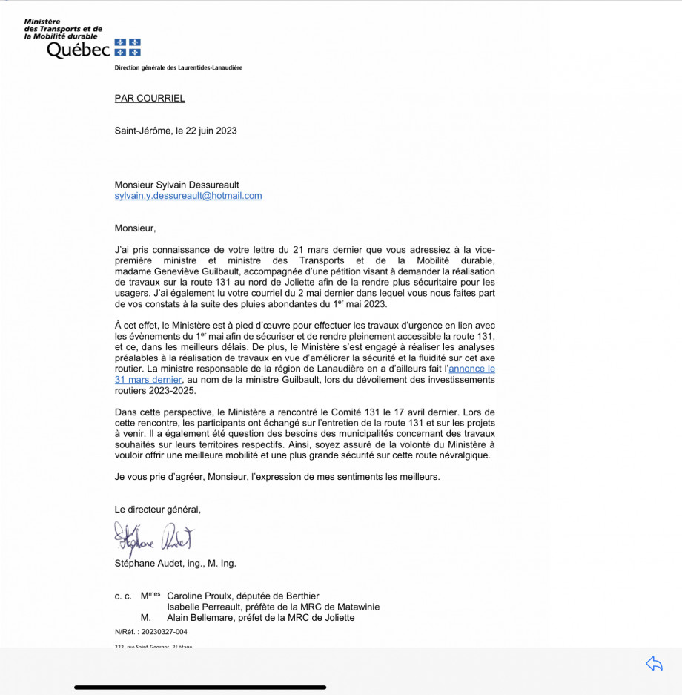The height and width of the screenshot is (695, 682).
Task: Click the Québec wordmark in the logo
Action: pyautogui.click(x=78, y=50)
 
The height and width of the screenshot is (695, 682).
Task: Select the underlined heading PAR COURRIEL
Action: pyautogui.click(x=150, y=98)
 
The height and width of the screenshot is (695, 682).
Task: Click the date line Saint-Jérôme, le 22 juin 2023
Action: pyautogui.click(x=176, y=131)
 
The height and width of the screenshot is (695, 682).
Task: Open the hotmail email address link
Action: pyautogui.click(x=188, y=196)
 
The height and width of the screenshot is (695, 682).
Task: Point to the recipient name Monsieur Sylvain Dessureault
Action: pyautogui.click(x=177, y=185)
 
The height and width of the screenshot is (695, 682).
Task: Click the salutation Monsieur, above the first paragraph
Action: pyautogui.click(x=136, y=228)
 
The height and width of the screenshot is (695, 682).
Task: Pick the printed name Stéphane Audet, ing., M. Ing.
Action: pyautogui.click(x=175, y=564)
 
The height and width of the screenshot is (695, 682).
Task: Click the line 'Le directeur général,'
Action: pyautogui.click(x=157, y=510)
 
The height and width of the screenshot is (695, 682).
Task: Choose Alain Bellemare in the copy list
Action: pyautogui.click(x=202, y=618)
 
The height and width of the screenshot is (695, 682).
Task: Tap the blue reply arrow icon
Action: pyautogui.click(x=654, y=664)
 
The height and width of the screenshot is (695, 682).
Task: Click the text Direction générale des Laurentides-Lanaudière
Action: pyautogui.click(x=178, y=68)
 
